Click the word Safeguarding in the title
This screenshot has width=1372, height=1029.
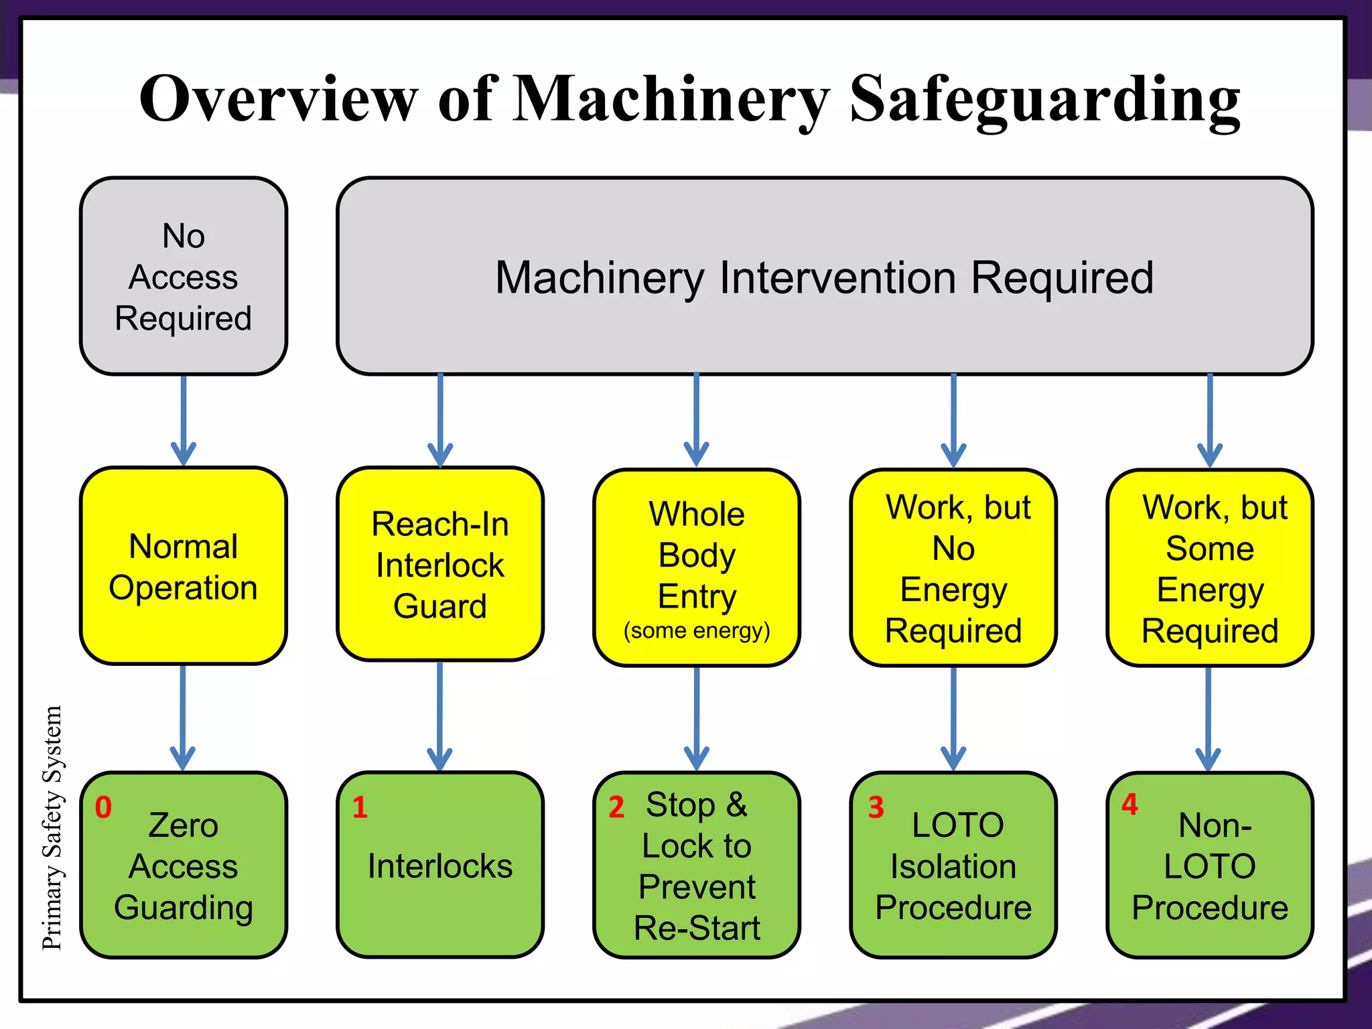(1045, 100)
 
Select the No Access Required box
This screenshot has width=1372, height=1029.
(183, 276)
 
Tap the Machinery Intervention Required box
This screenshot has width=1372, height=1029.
(824, 276)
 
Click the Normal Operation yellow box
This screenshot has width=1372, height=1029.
(183, 566)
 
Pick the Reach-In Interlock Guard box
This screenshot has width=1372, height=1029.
(440, 564)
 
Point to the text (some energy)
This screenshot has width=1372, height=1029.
(697, 630)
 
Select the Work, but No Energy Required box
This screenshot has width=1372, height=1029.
(953, 568)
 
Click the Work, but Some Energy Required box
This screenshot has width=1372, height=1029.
(1210, 568)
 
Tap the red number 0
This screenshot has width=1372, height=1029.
(103, 807)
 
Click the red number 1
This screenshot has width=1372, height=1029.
(360, 807)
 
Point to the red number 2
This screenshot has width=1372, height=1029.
(616, 807)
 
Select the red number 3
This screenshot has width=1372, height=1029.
(876, 807)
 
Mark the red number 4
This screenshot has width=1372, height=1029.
(1129, 804)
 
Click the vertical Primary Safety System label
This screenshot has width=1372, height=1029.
(52, 827)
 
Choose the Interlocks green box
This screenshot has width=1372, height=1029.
(440, 866)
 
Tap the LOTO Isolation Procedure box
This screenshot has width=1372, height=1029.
(953, 866)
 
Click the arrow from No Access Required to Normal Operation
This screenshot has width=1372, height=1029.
(183, 419)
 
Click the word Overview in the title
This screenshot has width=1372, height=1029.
(278, 100)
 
